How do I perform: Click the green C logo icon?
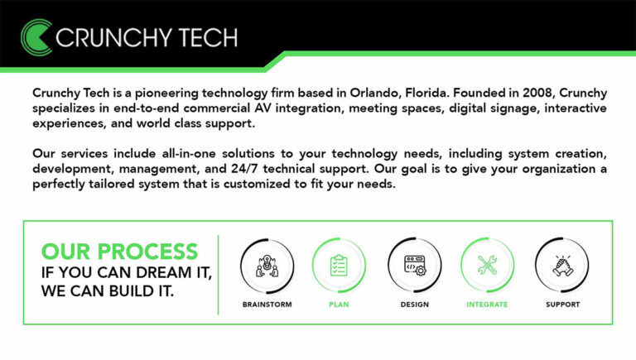pyautogui.click(x=36, y=36)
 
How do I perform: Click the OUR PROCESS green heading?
pyautogui.click(x=119, y=251)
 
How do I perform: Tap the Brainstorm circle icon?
pyautogui.click(x=267, y=265)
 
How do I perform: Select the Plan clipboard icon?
pyautogui.click(x=339, y=265)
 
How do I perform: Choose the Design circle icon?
pyautogui.click(x=414, y=265)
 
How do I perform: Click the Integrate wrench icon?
pyautogui.click(x=487, y=265)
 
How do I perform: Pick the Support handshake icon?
pyautogui.click(x=562, y=265)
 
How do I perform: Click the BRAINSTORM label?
pyautogui.click(x=267, y=305)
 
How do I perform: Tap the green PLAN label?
pyautogui.click(x=339, y=305)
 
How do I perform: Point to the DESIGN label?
pyautogui.click(x=414, y=305)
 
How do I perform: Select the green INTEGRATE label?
pyautogui.click(x=487, y=305)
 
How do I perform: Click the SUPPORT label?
pyautogui.click(x=562, y=305)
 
